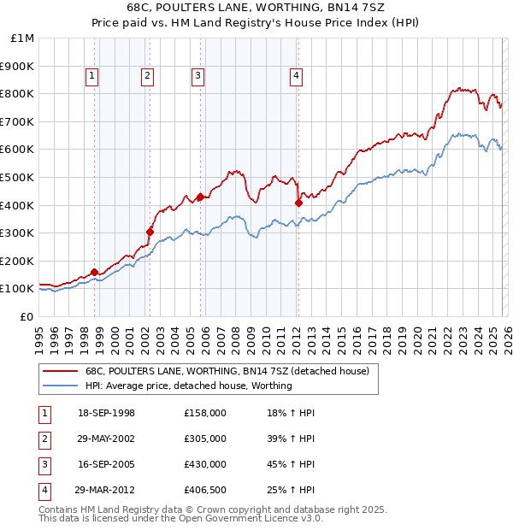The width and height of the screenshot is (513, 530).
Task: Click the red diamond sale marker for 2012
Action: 298,203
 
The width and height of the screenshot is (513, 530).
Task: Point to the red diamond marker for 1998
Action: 94,273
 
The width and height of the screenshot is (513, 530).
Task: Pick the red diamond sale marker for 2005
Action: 200,197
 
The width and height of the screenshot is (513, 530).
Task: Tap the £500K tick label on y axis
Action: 18,178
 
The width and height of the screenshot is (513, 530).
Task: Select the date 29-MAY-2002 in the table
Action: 106,439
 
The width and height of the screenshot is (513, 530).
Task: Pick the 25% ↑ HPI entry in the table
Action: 291,490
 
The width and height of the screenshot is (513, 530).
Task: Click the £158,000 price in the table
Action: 205,413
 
